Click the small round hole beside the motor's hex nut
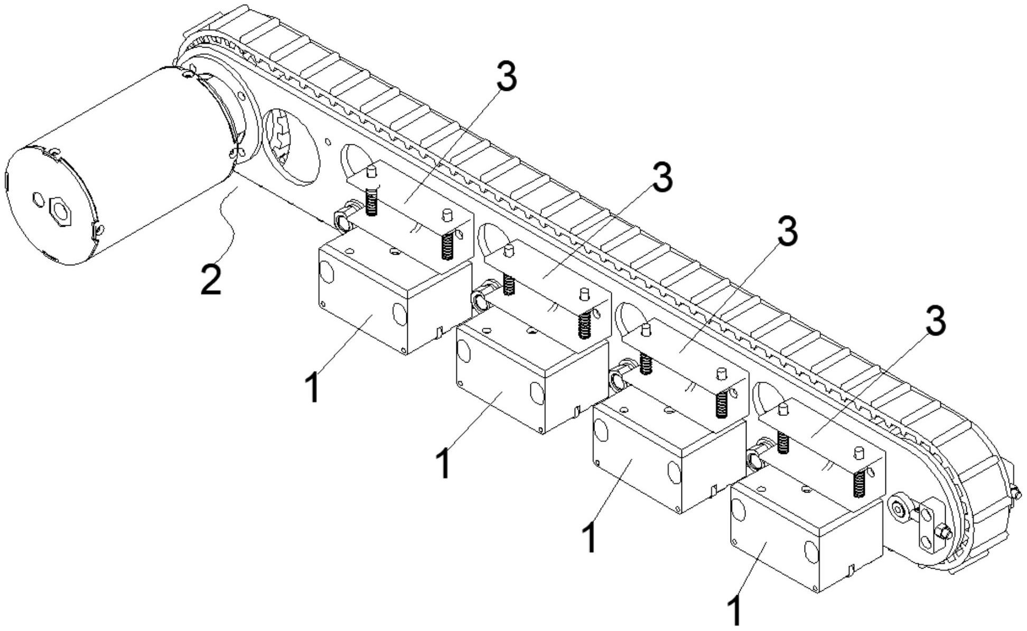[39, 199]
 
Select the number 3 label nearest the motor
[506, 76]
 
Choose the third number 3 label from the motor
[787, 231]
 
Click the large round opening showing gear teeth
[290, 146]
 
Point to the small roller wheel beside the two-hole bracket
[898, 509]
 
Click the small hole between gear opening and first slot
[328, 142]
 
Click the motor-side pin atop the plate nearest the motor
[371, 171]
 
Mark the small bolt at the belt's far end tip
[1015, 493]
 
